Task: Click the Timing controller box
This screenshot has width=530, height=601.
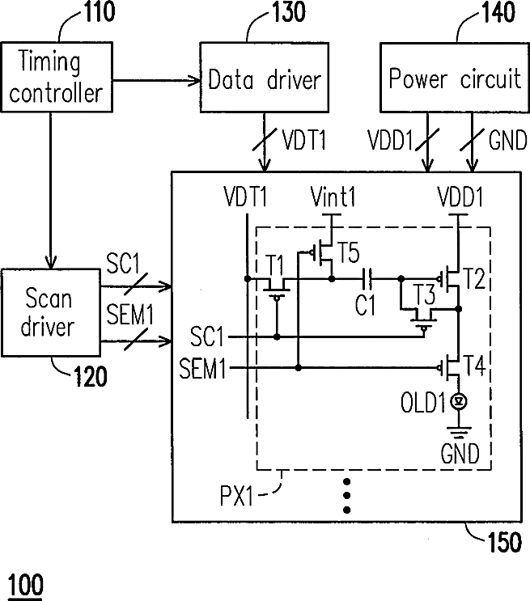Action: coord(57,77)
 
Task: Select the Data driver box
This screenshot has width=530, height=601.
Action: coord(265,78)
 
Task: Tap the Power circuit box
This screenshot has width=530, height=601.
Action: coord(455,78)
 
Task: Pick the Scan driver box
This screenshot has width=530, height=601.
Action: coord(51,313)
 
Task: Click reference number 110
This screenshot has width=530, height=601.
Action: coord(100,11)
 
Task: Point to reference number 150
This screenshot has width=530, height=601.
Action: coord(505,542)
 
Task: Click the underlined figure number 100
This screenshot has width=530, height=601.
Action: coord(25,586)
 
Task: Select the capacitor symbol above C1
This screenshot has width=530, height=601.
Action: coord(367,278)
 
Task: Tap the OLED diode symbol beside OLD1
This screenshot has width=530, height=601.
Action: coord(459,402)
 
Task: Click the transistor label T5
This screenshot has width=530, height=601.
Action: coord(348,252)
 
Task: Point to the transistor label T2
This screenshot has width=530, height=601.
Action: coord(474,278)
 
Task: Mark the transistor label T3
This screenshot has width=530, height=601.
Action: coord(424,294)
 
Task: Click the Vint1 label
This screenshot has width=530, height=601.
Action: coord(333,197)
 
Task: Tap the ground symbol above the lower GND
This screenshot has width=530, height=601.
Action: coord(459,433)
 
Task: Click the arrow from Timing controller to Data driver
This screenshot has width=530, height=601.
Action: coord(156,81)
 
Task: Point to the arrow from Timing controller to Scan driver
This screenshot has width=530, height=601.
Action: coord(51,191)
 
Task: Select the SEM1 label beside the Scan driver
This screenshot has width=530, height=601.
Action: coord(129,315)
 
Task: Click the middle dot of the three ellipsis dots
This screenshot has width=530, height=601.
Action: coord(346,496)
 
